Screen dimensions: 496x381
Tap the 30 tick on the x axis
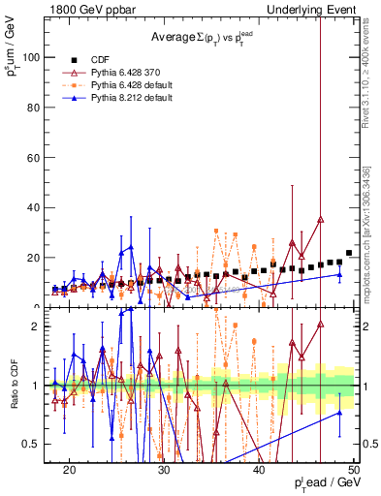pyautogui.click(x=165, y=470)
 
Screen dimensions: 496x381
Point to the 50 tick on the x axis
pyautogui.click(x=354, y=470)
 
